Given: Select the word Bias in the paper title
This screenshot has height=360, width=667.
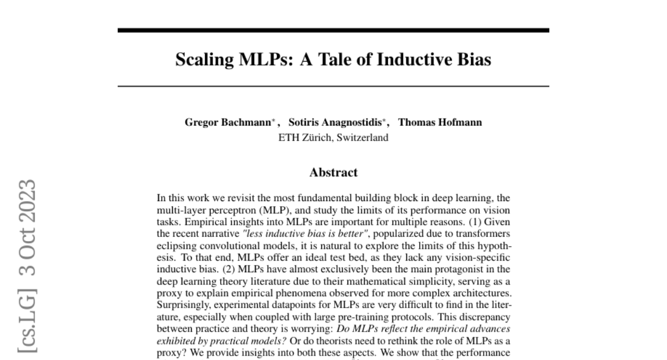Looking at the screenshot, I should tap(473, 59).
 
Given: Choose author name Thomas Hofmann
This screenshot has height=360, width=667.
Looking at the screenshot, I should tap(440, 123).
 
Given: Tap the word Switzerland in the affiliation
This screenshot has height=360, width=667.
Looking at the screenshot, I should tap(362, 137).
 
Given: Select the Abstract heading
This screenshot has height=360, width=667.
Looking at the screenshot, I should tap(333, 172).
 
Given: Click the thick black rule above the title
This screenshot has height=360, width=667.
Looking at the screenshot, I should tap(333, 30).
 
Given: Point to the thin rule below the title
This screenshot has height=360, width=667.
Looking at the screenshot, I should tap(333, 86).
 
